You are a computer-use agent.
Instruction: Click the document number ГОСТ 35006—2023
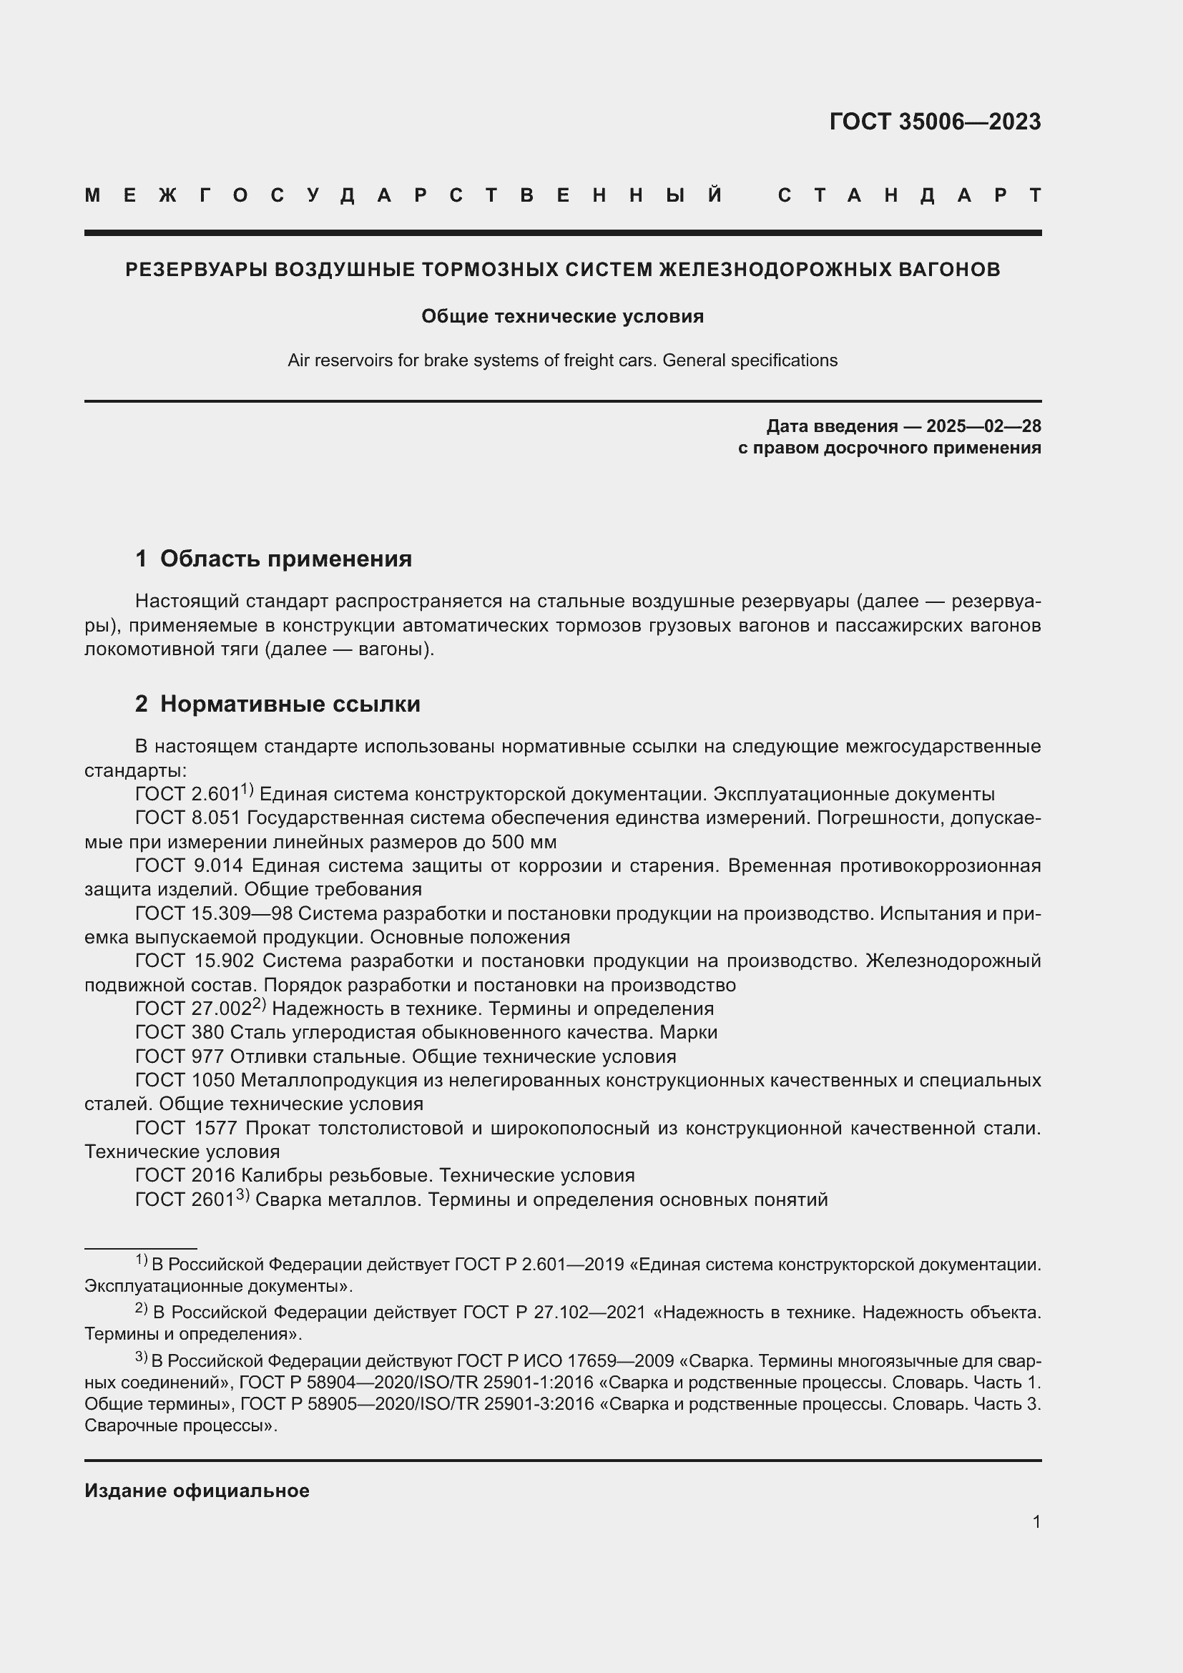coord(935,122)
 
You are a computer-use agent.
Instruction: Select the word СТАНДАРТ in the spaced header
coord(909,195)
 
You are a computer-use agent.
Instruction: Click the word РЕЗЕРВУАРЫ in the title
coord(196,270)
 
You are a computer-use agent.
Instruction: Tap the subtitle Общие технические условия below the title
coord(562,316)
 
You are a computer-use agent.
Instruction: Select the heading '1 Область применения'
coord(273,559)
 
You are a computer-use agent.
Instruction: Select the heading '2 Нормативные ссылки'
coord(278,704)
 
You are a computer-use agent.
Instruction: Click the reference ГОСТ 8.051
coord(188,818)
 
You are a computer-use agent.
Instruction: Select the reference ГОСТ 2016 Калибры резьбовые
coord(306,1175)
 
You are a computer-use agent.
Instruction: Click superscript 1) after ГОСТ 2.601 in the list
coord(247,789)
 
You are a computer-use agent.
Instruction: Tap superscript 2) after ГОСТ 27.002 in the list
coord(260,1004)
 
